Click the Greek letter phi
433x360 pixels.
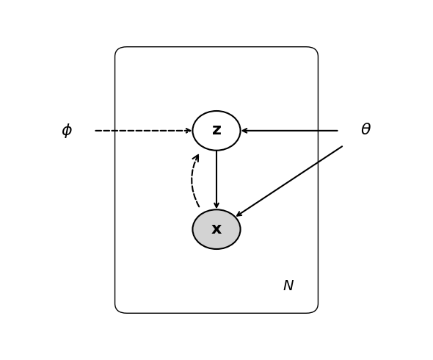[x=67, y=131]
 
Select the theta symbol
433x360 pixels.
[x=365, y=130]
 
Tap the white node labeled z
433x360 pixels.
[x=216, y=131]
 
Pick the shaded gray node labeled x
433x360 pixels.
[x=216, y=229]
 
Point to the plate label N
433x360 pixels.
[x=288, y=286]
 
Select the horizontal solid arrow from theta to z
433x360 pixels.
[x=294, y=131]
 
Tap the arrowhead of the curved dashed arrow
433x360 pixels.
[x=197, y=156]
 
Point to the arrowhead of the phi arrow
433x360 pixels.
[x=189, y=131]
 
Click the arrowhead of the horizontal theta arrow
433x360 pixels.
[x=244, y=131]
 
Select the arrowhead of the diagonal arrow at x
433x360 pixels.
[x=238, y=215]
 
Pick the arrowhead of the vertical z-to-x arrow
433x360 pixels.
[x=216, y=206]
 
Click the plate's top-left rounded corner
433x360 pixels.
[x=120, y=51]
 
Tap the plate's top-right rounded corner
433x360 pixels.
[x=313, y=51]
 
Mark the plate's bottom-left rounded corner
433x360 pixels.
[x=120, y=309]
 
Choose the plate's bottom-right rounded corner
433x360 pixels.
[x=313, y=309]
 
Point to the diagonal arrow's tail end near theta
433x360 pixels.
[x=341, y=147]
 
